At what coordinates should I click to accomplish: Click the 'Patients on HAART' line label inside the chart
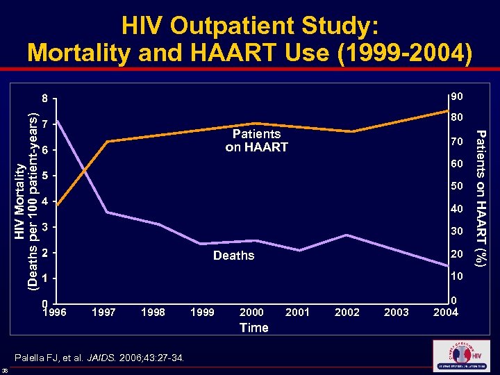[x=256, y=140]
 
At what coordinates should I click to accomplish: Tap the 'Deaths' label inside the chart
[x=233, y=256]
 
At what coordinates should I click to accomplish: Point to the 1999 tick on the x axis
[x=201, y=312]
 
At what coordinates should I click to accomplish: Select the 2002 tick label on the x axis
[x=347, y=312]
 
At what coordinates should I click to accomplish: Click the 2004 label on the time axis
[x=445, y=312]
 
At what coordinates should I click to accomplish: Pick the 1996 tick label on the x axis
[x=55, y=312]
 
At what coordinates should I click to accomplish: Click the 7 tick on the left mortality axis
[x=45, y=125]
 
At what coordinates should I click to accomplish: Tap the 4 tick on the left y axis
[x=45, y=201]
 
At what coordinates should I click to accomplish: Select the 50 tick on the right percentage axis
[x=456, y=187]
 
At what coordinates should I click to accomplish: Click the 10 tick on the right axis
[x=456, y=277]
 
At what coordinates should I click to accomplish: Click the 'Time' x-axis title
[x=253, y=328]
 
